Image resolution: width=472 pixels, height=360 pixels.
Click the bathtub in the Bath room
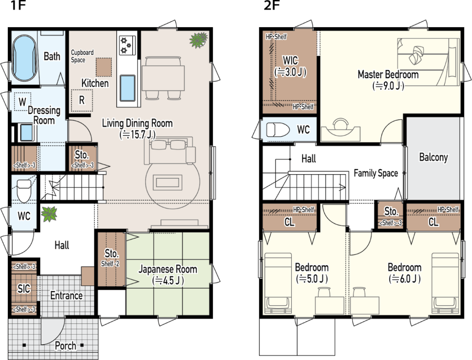[24, 58]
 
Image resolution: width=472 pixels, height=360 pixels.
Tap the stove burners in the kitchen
[127, 45]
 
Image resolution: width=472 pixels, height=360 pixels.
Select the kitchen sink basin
[128, 88]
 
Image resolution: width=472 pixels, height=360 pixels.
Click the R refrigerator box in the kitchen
[82, 100]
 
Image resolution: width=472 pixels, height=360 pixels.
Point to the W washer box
[22, 101]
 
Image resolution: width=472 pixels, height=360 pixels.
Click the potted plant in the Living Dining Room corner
[198, 40]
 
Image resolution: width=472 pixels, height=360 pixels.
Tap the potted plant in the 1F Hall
[49, 214]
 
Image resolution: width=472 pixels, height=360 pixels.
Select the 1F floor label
[18, 6]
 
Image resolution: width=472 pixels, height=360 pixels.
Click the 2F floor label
[272, 6]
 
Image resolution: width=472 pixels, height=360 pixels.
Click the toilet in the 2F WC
[278, 130]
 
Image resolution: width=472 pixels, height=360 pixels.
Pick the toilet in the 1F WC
[24, 191]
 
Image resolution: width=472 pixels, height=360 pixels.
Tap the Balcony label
[433, 157]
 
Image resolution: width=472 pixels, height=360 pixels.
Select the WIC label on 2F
[290, 60]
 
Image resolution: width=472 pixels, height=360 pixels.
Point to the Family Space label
[376, 173]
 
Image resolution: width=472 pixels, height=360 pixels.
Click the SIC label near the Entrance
[24, 289]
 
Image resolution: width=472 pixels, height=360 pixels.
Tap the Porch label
[65, 346]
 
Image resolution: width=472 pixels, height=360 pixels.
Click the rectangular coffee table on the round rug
[168, 183]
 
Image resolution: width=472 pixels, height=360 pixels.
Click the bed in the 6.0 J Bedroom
[445, 283]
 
